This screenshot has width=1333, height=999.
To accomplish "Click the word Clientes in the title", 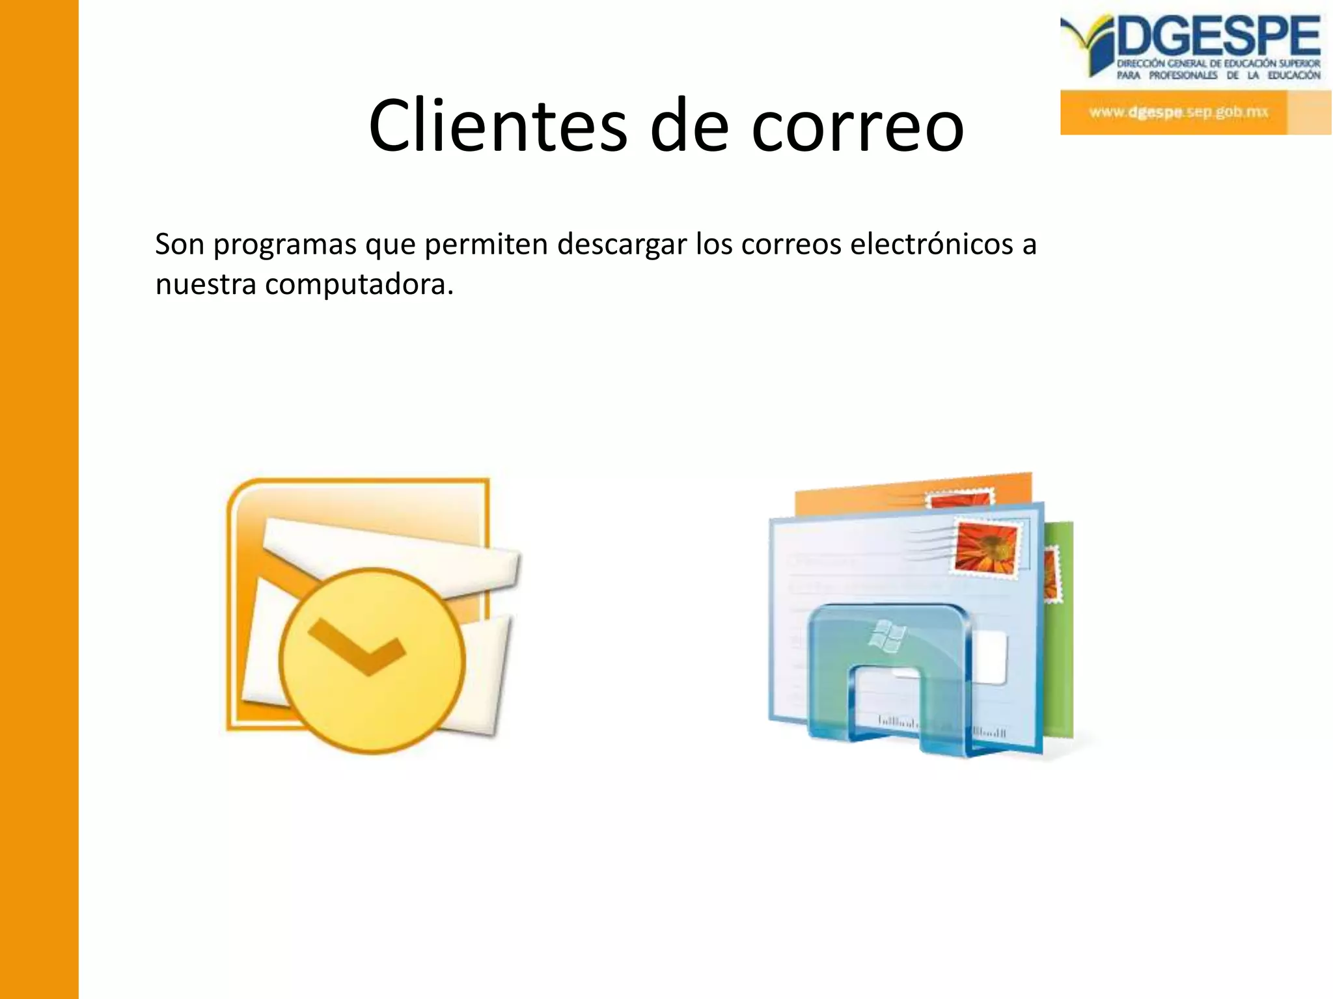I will click(498, 126).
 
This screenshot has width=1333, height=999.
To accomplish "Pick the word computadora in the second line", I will click(359, 285).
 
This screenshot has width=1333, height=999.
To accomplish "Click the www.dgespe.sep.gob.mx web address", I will click(1179, 112).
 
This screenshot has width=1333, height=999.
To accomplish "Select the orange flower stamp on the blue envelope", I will click(985, 546).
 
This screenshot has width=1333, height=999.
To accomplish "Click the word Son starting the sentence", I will click(180, 245).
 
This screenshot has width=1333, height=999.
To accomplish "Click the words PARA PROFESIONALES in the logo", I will click(1167, 75).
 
